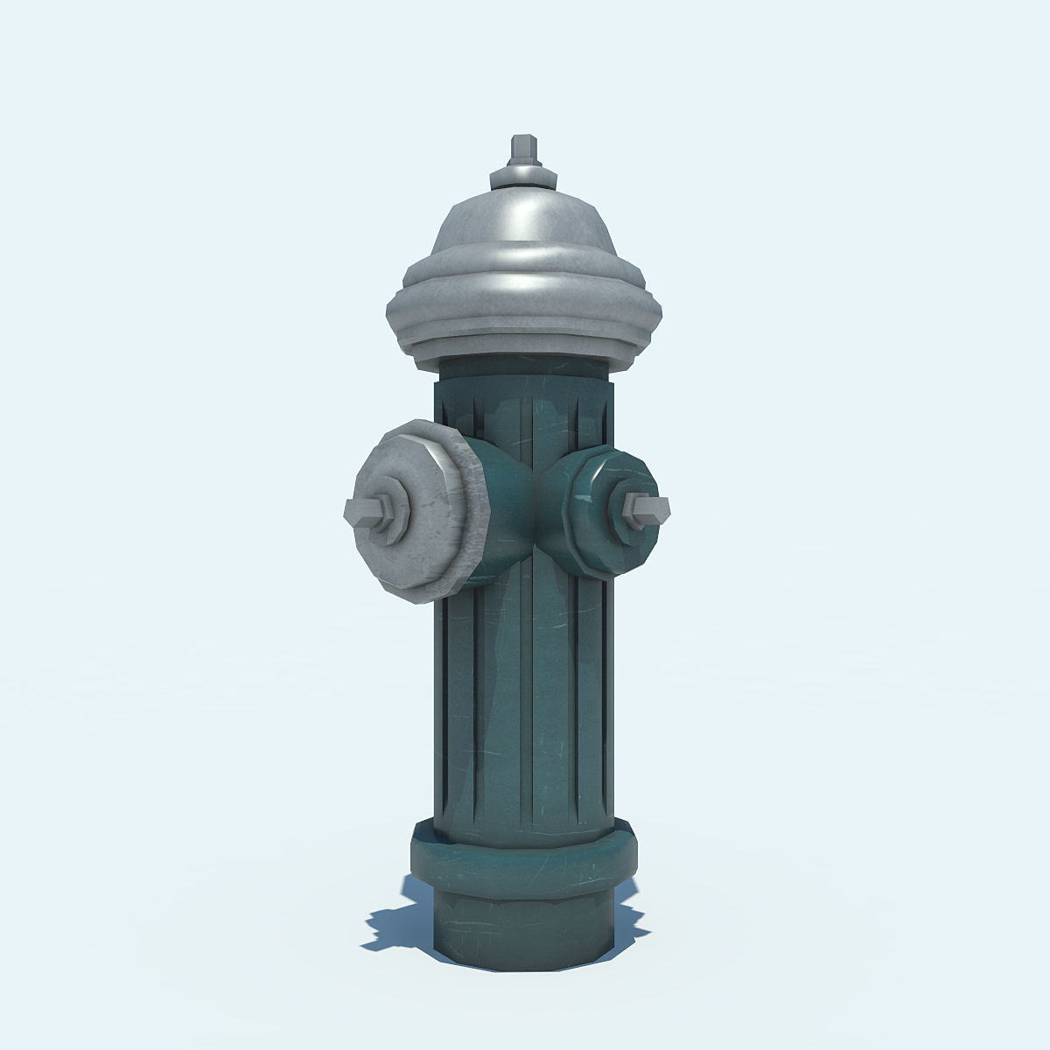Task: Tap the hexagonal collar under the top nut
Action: coord(523,177)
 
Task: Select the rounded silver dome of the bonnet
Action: coord(523,223)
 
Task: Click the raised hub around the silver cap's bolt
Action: coord(390,512)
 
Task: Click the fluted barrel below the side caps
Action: coord(523,700)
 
